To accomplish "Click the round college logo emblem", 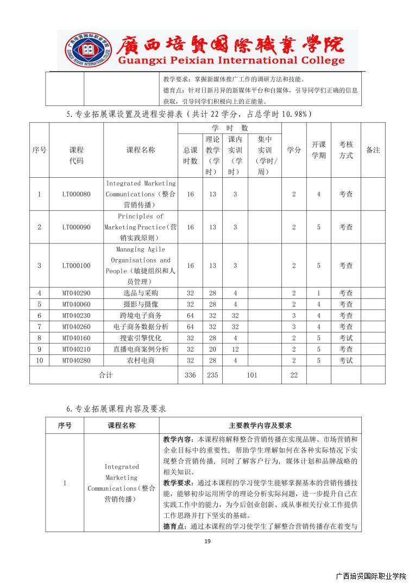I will [84, 51].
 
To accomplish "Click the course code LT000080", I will [76, 194].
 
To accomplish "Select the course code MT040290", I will [76, 293].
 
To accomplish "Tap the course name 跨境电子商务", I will [141, 315].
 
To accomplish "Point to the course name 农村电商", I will [141, 360].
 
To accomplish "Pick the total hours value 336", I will [190, 375].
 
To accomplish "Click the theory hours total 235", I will [212, 375].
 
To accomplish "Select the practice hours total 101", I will [252, 375].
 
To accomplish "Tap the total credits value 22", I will [294, 375].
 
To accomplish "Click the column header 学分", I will [294, 150].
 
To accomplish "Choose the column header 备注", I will [373, 150].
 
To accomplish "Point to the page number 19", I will [207, 541].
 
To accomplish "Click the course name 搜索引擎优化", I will [141, 338].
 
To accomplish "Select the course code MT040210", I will [76, 349].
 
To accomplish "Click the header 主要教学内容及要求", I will [260, 425].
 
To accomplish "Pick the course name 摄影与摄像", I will [141, 304].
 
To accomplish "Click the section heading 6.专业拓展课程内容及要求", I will [116, 408].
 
